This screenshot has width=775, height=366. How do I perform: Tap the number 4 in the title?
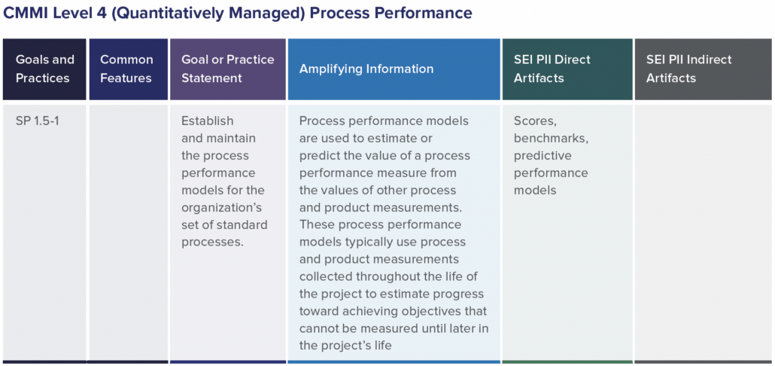[x=97, y=14]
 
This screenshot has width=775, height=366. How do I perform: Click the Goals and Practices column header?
[x=45, y=69]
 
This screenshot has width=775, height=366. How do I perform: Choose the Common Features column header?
[x=126, y=69]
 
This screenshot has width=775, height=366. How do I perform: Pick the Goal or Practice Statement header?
[x=227, y=69]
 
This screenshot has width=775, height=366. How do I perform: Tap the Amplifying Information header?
[x=366, y=69]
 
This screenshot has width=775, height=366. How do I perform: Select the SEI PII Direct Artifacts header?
[x=552, y=69]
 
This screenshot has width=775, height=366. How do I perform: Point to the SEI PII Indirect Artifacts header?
[x=688, y=69]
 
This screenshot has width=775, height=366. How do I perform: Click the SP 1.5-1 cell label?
[x=37, y=120]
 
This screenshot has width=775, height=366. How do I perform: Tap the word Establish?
[x=208, y=120]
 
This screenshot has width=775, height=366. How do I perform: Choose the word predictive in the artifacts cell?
[x=542, y=155]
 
